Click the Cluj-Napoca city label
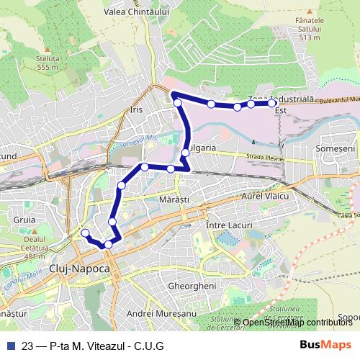(79, 268)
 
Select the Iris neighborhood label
(137, 110)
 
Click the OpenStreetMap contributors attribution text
(296, 322)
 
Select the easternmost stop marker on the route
(271, 104)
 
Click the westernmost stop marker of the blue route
(85, 233)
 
